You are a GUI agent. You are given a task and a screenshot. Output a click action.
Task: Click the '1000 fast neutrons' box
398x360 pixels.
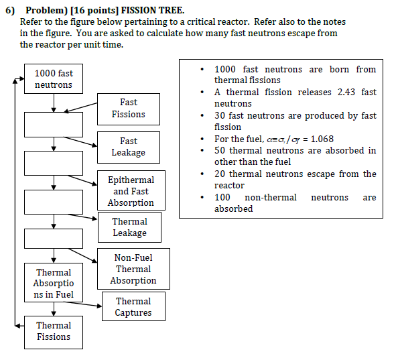click(54, 78)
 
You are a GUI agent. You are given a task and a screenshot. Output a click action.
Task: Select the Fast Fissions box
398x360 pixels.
click(128, 109)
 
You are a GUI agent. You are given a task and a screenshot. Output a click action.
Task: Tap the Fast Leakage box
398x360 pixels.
click(128, 147)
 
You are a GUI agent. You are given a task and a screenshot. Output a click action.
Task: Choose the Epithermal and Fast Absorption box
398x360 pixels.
click(131, 191)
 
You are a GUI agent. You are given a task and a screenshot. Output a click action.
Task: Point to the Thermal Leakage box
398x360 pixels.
click(129, 227)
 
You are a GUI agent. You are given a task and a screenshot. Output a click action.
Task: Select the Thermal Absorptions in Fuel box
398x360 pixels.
click(54, 284)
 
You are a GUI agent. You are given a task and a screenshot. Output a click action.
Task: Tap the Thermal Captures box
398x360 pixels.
click(133, 307)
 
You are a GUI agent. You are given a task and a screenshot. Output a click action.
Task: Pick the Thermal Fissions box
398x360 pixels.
click(54, 331)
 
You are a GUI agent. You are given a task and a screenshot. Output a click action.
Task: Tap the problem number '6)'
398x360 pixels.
click(10, 11)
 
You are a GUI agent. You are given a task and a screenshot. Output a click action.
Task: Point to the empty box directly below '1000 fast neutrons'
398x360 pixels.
click(54, 124)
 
